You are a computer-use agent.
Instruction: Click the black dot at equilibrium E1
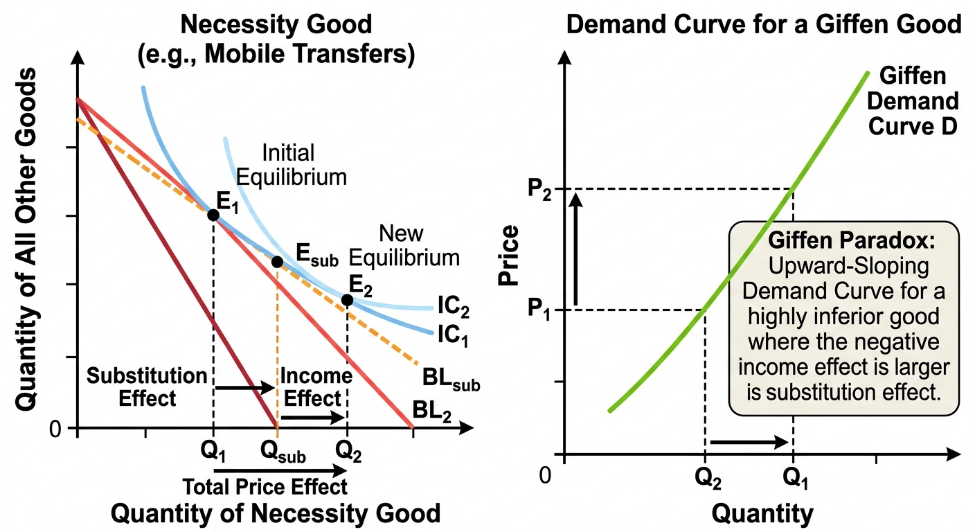(213, 215)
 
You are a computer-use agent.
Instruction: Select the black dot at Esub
(277, 262)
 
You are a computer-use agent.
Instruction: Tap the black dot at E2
(347, 300)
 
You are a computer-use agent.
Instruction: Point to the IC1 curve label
(453, 336)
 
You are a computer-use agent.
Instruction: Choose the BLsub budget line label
(451, 379)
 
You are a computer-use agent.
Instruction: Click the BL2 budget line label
(431, 411)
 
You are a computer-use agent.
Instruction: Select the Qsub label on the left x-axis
(283, 452)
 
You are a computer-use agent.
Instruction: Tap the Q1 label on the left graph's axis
(213, 452)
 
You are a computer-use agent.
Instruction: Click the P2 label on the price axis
(539, 189)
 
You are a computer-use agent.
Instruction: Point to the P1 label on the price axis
(539, 310)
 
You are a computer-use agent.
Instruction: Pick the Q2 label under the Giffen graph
(708, 479)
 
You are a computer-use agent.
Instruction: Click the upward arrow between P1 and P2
(576, 249)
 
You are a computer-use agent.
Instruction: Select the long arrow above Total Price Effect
(280, 470)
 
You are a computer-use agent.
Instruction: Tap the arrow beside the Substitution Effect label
(245, 387)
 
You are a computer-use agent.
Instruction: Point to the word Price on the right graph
(509, 256)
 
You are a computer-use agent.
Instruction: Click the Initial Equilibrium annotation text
(291, 165)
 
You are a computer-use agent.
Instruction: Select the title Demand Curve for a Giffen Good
(764, 24)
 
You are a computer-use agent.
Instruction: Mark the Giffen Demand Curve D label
(913, 101)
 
